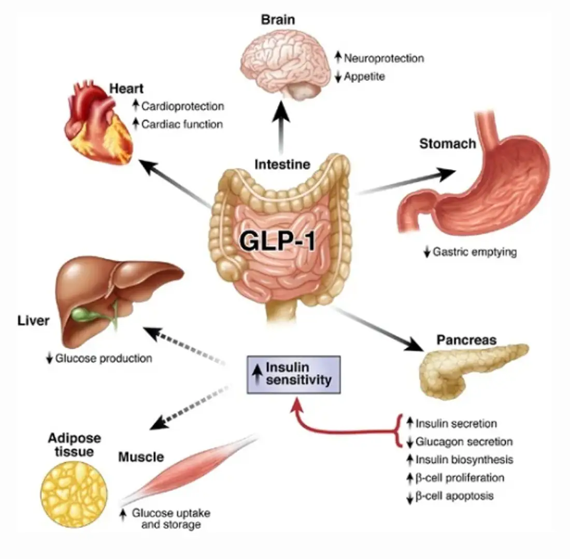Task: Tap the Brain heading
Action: (x=278, y=20)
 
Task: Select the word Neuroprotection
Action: (x=383, y=58)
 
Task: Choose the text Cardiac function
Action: (x=182, y=124)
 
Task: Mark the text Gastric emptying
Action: (x=475, y=253)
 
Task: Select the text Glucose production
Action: (x=104, y=358)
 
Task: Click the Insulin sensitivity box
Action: (x=293, y=374)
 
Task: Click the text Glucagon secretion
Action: (x=464, y=442)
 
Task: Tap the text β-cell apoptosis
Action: (x=454, y=495)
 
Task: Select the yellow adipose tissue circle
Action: (x=74, y=491)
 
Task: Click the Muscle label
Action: (x=141, y=457)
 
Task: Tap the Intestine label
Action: (x=282, y=165)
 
